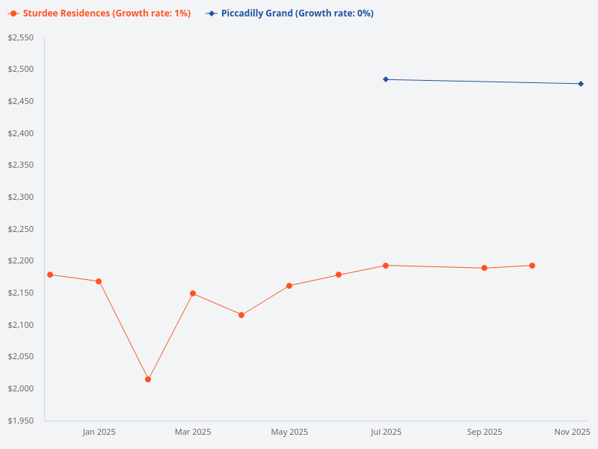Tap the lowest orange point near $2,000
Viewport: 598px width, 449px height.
[x=148, y=379]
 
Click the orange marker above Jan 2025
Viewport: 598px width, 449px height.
[x=99, y=281]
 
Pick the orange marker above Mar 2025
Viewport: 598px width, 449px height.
[x=193, y=293]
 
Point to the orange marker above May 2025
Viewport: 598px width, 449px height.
[x=289, y=286]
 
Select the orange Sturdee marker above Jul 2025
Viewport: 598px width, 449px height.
[x=386, y=266]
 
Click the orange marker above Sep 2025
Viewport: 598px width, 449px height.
[x=484, y=268]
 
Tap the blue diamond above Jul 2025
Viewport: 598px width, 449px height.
[x=386, y=79]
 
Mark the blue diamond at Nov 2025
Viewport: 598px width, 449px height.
[x=581, y=84]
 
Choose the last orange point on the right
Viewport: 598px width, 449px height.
[x=532, y=266]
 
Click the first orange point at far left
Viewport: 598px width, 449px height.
[x=50, y=275]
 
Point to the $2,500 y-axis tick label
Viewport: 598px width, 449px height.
[x=21, y=70]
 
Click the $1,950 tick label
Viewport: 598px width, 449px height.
[x=21, y=421]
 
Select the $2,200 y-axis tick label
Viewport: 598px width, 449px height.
[x=21, y=261]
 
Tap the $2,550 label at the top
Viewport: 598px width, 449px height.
[x=21, y=37]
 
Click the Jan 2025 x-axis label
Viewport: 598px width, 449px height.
[x=99, y=432]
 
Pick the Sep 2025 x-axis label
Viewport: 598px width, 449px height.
[x=484, y=432]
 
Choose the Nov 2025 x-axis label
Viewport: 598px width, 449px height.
[x=572, y=432]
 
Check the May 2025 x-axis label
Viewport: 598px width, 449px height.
[x=289, y=432]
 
